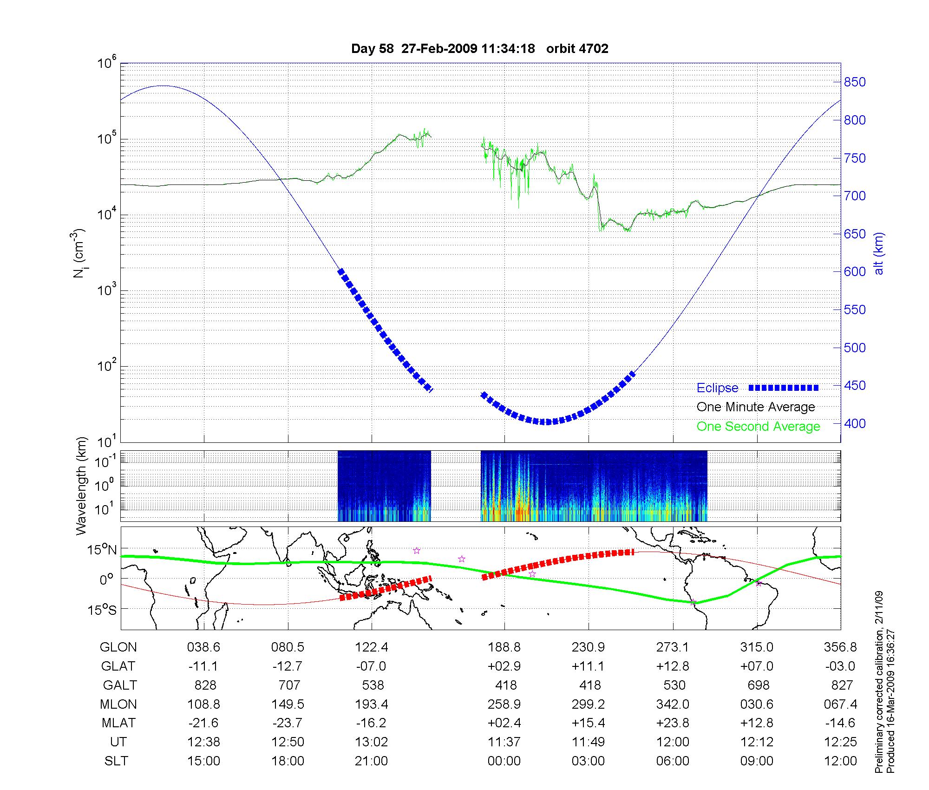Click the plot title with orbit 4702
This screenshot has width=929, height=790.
(479, 49)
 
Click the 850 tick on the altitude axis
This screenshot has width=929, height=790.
(855, 82)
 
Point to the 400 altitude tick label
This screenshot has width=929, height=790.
(855, 423)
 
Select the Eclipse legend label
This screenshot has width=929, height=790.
(717, 388)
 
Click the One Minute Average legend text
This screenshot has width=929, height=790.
(756, 407)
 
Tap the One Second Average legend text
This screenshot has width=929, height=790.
(758, 427)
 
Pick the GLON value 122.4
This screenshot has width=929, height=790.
(372, 647)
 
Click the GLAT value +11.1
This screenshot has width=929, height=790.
(588, 666)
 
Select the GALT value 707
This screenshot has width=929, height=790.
(288, 685)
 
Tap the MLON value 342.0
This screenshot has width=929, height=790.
(673, 704)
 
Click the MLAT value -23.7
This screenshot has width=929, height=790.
(288, 723)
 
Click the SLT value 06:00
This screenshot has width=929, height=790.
(673, 761)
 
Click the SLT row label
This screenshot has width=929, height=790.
(116, 761)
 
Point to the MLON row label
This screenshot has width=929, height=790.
(118, 704)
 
